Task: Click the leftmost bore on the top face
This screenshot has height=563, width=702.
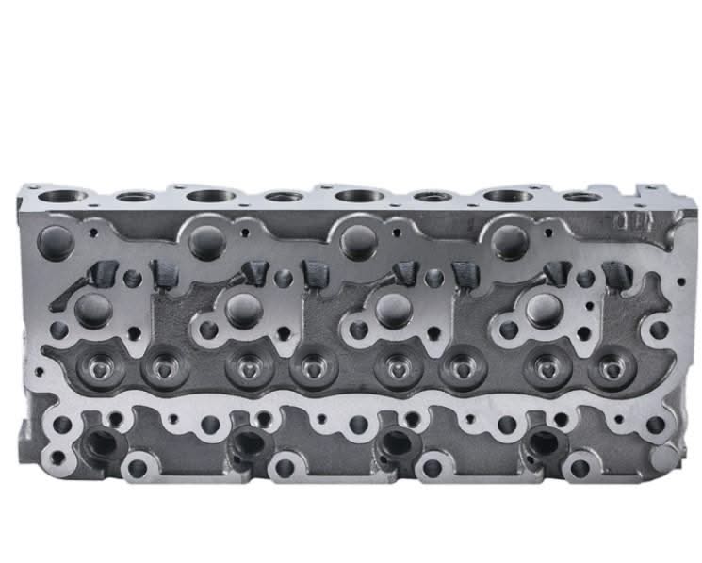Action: point(63,197)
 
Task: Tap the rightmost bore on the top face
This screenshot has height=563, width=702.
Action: point(581,198)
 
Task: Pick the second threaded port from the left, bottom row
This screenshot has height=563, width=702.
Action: point(249,441)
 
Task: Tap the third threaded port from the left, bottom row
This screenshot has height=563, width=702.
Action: point(397,441)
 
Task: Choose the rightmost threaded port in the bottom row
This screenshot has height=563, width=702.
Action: point(545,441)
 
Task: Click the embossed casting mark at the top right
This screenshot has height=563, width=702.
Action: point(629,222)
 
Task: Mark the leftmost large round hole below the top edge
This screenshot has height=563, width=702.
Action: point(57,240)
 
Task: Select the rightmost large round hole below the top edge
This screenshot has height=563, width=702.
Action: point(509,238)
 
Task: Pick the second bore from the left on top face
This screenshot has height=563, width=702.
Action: point(136,198)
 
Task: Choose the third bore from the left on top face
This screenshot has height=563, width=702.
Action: point(210,196)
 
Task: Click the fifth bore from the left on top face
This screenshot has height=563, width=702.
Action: point(359,196)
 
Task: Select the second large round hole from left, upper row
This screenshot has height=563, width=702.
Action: point(206,240)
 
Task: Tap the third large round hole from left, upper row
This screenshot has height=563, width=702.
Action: point(359,240)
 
